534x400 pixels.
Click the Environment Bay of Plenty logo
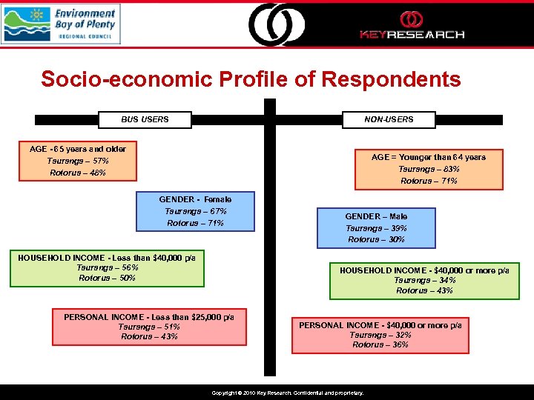tap(60, 24)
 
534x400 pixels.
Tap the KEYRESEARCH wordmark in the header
tap(412, 34)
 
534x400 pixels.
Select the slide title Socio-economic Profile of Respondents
tap(251, 79)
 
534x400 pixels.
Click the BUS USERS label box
tap(145, 119)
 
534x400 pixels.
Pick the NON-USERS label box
tap(389, 119)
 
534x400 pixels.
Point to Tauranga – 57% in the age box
tap(78, 161)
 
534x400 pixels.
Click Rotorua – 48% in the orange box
tap(78, 173)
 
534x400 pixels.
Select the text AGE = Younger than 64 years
tap(429, 157)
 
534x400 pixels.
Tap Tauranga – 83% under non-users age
tap(429, 169)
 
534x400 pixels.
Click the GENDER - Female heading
tap(195, 199)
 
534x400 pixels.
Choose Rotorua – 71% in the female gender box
tap(195, 223)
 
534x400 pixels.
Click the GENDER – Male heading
tap(376, 216)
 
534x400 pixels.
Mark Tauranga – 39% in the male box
tap(376, 228)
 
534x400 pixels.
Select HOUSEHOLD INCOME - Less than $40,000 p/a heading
tap(107, 257)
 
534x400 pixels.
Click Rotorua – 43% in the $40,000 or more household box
tap(424, 290)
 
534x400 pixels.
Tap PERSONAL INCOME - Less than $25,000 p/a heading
tap(149, 317)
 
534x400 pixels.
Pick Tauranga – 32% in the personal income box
tap(380, 335)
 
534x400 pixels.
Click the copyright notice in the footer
tap(288, 393)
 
